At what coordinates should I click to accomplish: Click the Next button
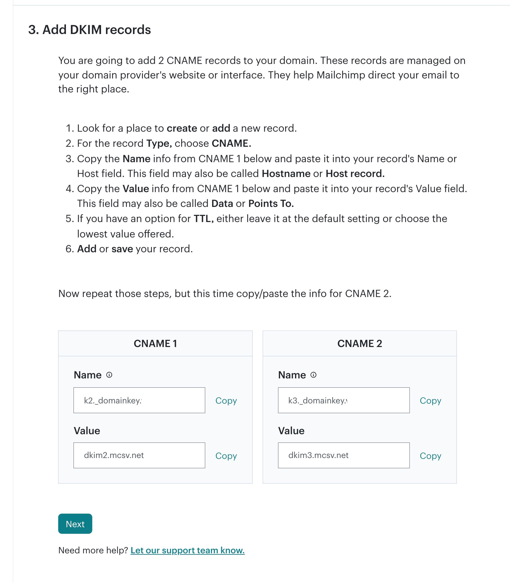(x=75, y=524)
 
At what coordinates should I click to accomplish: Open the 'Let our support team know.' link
(x=187, y=550)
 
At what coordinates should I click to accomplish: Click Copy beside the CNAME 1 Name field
(x=226, y=400)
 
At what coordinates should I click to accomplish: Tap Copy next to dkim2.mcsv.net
(x=226, y=456)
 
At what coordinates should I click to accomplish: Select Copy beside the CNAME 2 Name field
(x=430, y=400)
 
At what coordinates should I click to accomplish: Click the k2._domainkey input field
(x=139, y=400)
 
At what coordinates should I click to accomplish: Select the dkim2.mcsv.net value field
(x=139, y=455)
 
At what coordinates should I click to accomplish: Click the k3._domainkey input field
(x=344, y=400)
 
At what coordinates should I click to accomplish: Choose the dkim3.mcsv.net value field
(x=344, y=455)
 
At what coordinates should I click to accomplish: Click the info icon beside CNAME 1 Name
(x=109, y=375)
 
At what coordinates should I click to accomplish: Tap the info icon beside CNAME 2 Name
(x=313, y=375)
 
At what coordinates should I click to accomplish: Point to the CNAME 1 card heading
(x=155, y=344)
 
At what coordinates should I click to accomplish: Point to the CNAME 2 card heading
(x=360, y=344)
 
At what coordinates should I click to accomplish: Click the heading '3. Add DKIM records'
(x=89, y=30)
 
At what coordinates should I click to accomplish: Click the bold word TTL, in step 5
(x=204, y=219)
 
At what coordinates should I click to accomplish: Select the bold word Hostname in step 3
(x=286, y=174)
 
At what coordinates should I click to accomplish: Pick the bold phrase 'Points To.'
(x=271, y=203)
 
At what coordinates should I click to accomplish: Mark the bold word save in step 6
(x=122, y=249)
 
